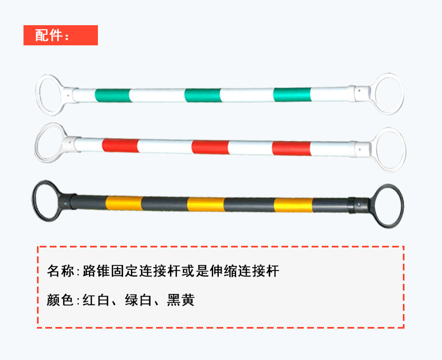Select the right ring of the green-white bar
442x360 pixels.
click(389, 93)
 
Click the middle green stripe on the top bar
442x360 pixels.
click(202, 95)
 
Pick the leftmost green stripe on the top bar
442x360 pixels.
click(112, 95)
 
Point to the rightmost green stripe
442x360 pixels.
click(292, 95)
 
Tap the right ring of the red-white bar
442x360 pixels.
click(390, 149)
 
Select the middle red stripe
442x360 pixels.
click(210, 147)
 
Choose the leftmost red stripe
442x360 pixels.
click(120, 146)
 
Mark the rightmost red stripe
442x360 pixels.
click(291, 148)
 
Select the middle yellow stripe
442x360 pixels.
click(205, 204)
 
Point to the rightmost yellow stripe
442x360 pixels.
click(293, 205)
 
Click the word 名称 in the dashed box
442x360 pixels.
click(60, 272)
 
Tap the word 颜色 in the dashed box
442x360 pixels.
click(60, 301)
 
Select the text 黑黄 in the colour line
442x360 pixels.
click(181, 301)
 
